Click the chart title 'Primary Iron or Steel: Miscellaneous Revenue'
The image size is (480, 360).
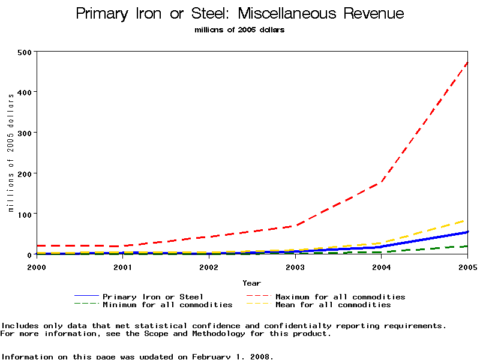coord(240,14)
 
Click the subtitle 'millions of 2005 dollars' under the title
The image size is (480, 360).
coord(240,30)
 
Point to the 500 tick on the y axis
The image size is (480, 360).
coord(25,52)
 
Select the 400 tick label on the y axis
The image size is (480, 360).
coord(25,92)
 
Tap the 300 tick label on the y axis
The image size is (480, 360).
coord(25,133)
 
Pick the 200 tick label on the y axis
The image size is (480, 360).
coord(25,173)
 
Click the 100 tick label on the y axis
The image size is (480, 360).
coord(25,214)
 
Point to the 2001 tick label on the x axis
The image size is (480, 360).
coord(122,266)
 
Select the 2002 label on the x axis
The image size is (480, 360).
coord(209,266)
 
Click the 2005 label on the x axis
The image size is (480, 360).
coord(467,266)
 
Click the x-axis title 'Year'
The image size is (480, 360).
coord(251,283)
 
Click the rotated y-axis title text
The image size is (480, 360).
coord(11,152)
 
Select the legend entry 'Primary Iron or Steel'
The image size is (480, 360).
coord(153,296)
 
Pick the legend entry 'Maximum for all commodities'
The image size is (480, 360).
coord(340,296)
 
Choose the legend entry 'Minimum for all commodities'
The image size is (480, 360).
coord(167,305)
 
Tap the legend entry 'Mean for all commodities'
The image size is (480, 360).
coord(333,305)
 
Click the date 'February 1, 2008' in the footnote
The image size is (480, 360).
coord(232,356)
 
